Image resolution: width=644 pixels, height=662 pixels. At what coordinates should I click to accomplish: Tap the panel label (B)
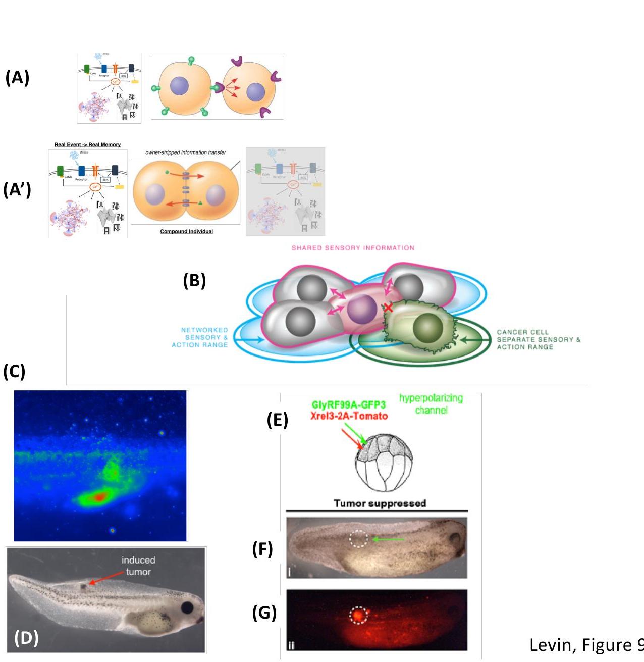pos(194,280)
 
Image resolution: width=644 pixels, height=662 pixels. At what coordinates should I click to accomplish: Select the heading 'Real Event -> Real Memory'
pos(87,145)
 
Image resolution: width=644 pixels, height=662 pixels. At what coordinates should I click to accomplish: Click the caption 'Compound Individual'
pos(186,231)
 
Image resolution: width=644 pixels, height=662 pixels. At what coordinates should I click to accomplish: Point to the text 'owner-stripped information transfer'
pos(186,152)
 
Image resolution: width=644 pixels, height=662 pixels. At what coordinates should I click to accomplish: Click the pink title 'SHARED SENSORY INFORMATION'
pos(353,248)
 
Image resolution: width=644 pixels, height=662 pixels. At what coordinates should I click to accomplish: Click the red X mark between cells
pos(388,308)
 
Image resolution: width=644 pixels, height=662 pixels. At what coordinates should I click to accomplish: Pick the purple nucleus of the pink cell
pos(362,310)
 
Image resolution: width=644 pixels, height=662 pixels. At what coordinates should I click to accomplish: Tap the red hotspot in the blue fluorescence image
pos(99,497)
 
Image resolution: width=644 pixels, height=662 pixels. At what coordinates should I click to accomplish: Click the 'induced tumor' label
pos(138,566)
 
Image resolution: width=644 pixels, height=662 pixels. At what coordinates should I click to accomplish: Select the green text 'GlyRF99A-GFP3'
pos(348,405)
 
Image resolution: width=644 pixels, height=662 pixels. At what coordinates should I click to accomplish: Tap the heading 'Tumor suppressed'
pos(380,503)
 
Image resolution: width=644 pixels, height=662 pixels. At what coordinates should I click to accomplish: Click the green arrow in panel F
pos(388,540)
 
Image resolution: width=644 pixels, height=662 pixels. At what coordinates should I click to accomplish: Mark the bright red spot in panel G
pos(358,616)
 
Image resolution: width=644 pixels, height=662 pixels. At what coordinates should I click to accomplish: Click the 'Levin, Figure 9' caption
pos(586,645)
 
